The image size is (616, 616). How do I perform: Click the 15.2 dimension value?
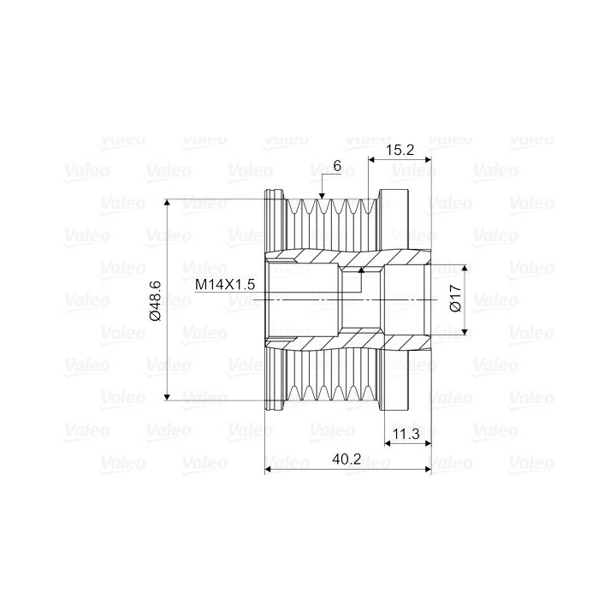click(400, 150)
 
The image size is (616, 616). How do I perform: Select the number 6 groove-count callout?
click(337, 166)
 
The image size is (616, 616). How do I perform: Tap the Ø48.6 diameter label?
click(156, 300)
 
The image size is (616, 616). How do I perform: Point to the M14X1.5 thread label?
click(225, 284)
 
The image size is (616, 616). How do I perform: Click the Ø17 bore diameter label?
click(455, 299)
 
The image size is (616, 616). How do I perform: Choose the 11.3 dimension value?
click(406, 434)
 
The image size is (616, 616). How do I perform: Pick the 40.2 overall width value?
click(346, 459)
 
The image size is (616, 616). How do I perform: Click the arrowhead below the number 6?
click(323, 196)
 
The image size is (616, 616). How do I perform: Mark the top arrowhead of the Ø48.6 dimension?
click(168, 203)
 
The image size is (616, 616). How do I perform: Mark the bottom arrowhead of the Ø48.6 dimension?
click(168, 396)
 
